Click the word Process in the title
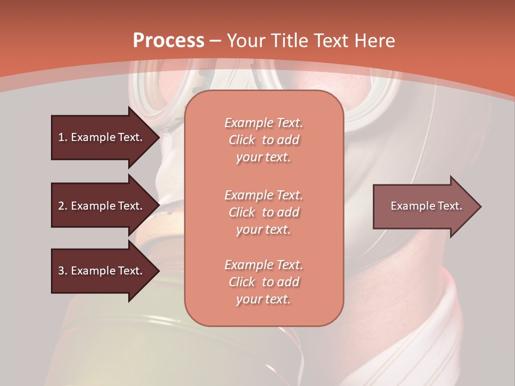click(168, 41)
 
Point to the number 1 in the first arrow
click(61, 137)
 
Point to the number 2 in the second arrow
click(61, 206)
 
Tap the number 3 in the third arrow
click(61, 271)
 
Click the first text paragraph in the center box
click(263, 140)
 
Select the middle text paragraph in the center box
click(263, 212)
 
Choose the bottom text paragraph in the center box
click(263, 282)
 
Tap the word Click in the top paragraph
click(242, 140)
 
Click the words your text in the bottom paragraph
click(263, 300)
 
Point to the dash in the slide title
click(216, 41)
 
